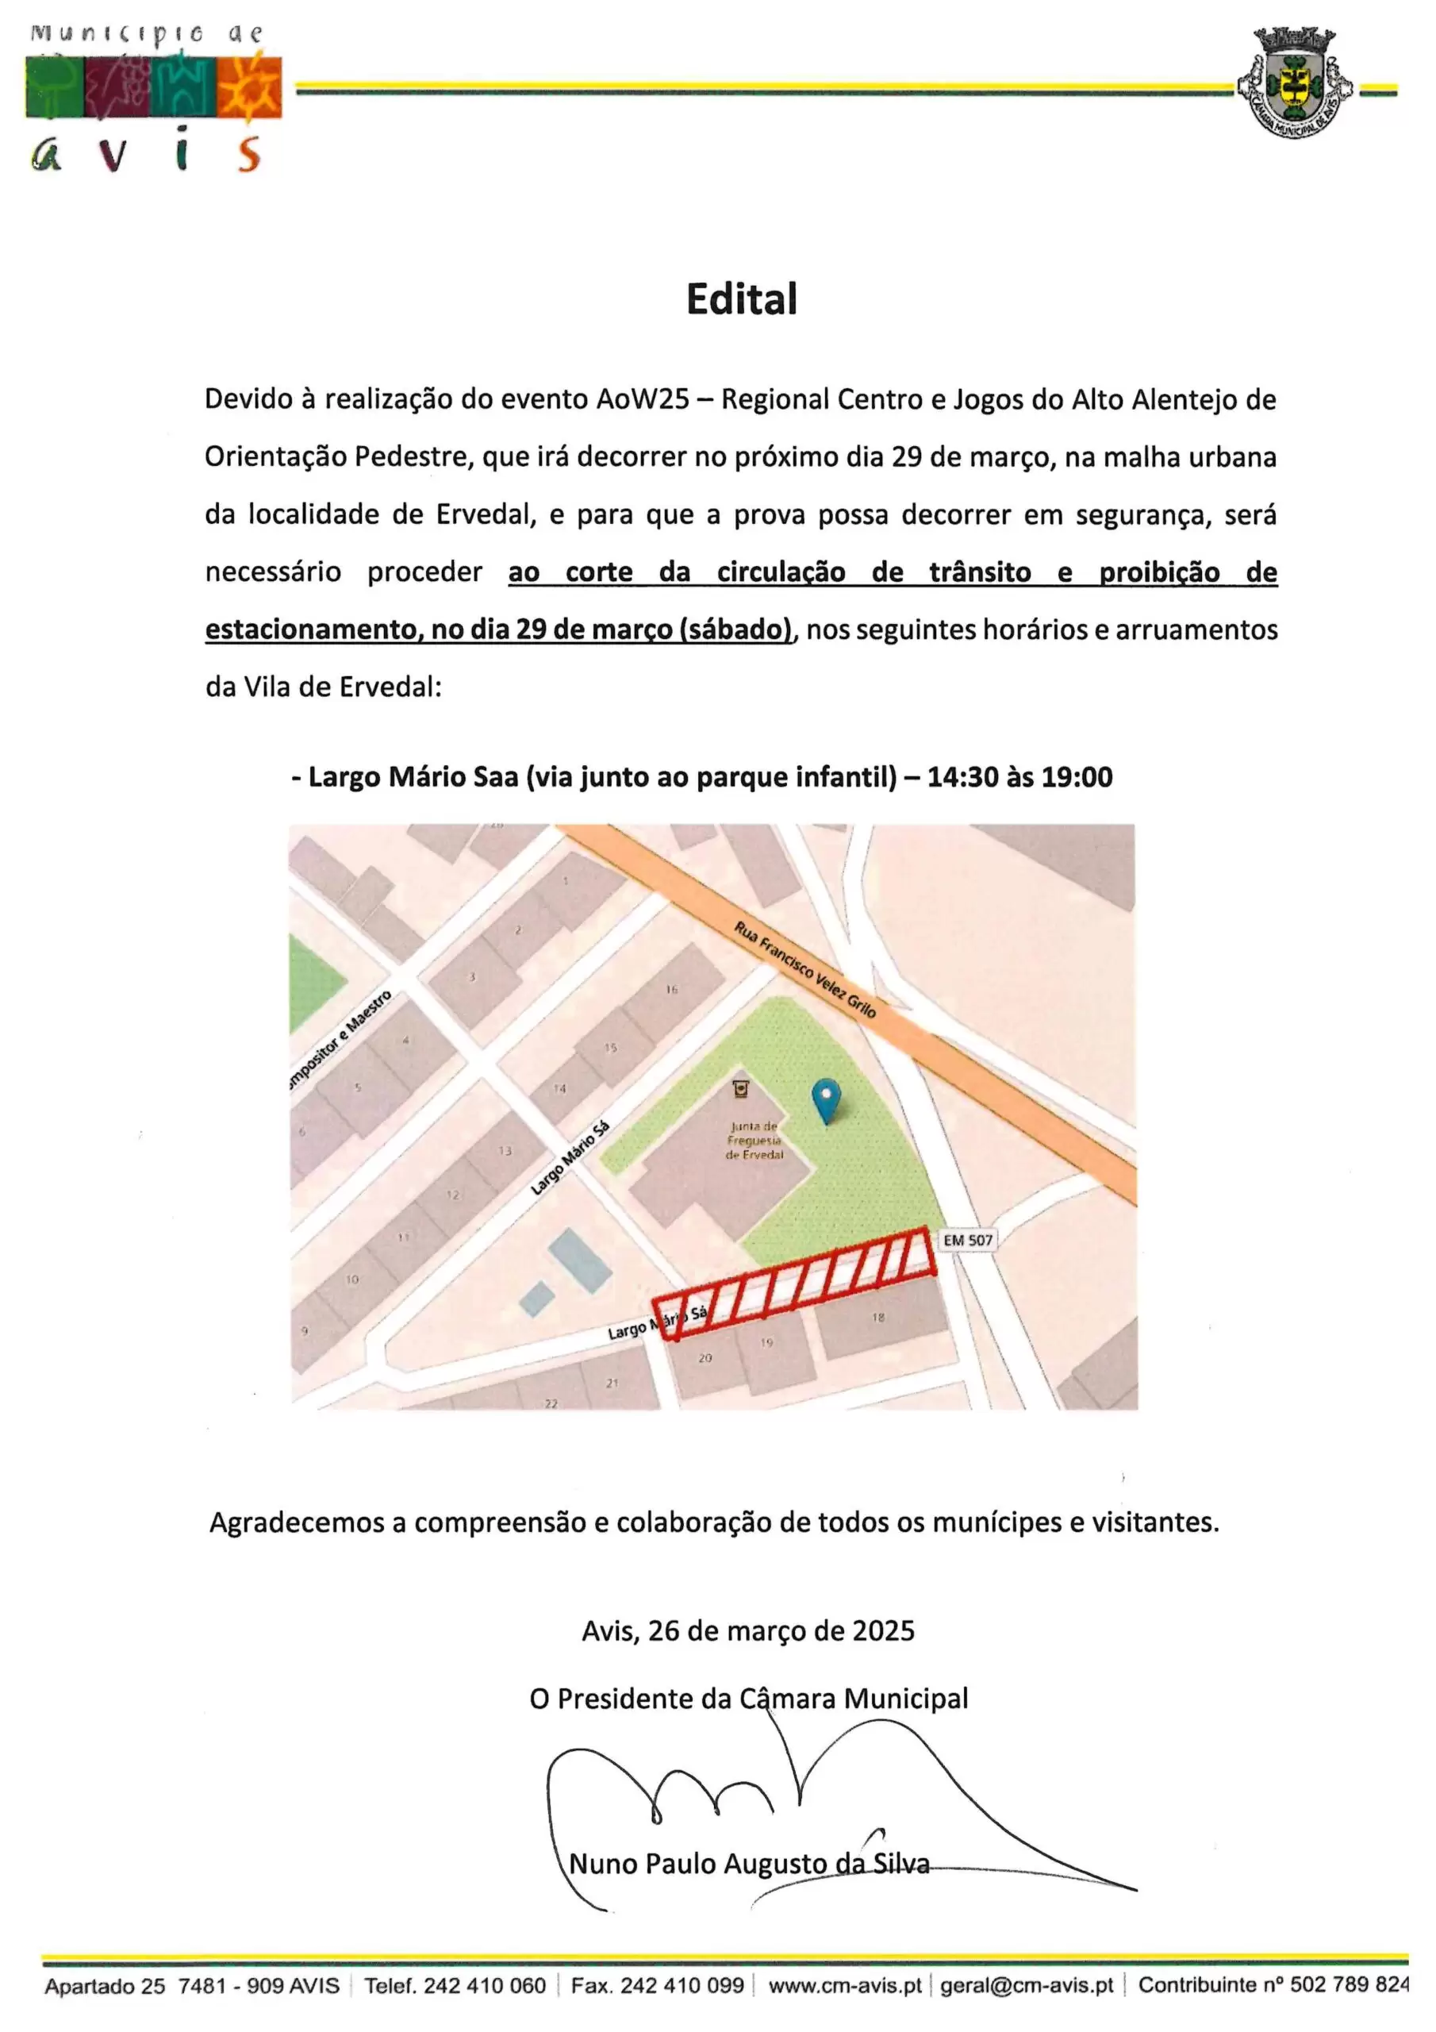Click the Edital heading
(742, 299)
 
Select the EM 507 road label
(967, 1240)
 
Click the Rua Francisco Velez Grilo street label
(804, 969)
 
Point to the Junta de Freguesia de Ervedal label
(754, 1141)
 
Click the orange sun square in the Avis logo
(248, 87)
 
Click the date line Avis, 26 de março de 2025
(747, 1630)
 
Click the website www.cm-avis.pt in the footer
(844, 1985)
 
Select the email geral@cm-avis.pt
(1027, 1985)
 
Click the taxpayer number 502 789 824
(1350, 1985)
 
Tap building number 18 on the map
(877, 1318)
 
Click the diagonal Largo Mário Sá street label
(570, 1159)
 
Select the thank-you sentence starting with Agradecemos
(714, 1522)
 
